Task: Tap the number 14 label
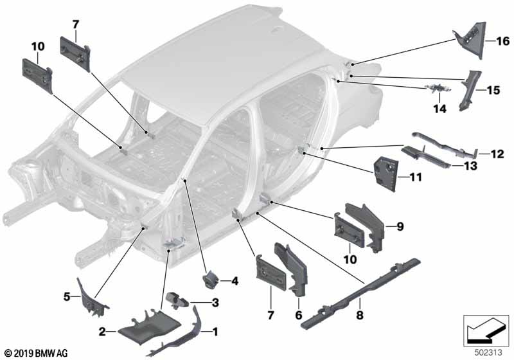tap(439, 109)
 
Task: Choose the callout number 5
tap(67, 296)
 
